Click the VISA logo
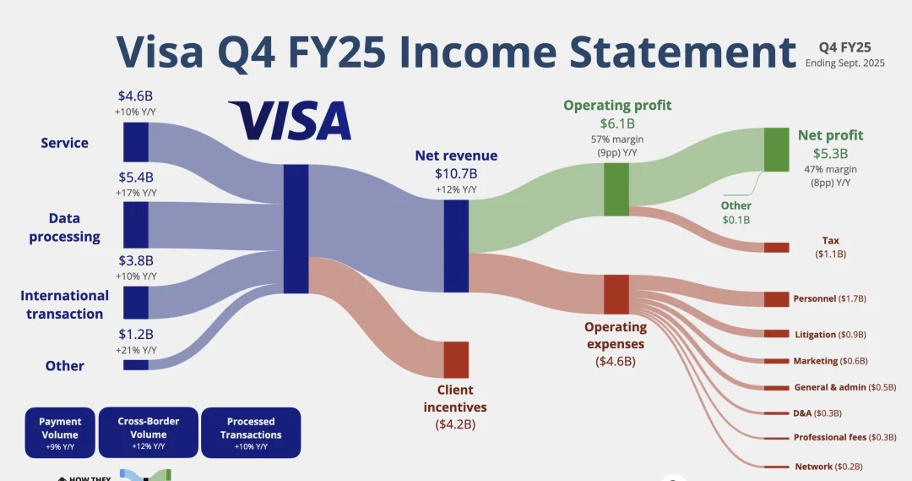click(290, 121)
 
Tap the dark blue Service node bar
click(136, 142)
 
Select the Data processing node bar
click(136, 225)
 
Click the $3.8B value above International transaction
click(136, 260)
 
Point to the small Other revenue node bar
click(136, 364)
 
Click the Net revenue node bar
click(456, 246)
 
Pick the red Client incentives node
click(456, 359)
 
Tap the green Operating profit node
click(616, 189)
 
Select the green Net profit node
click(776, 150)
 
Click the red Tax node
click(776, 248)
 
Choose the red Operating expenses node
click(616, 294)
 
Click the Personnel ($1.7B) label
click(830, 298)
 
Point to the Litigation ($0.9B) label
click(830, 335)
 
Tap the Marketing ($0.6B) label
click(830, 361)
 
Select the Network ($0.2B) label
click(828, 467)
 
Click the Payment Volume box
click(60, 433)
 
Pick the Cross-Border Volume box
click(149, 433)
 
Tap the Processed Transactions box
click(251, 433)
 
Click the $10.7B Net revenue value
click(456, 173)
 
